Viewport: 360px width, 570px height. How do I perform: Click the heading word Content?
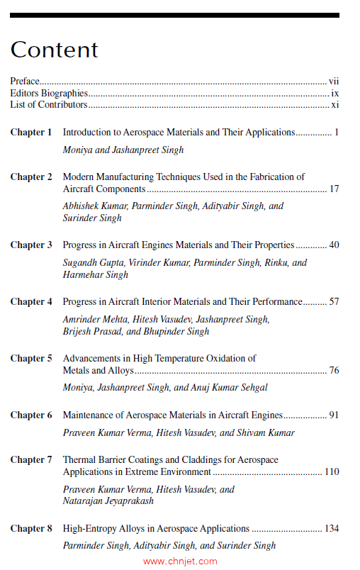pos(54,50)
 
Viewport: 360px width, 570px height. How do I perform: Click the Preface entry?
pos(25,82)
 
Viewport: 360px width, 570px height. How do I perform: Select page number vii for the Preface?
pos(334,82)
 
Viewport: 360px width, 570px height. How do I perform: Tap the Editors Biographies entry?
pos(49,93)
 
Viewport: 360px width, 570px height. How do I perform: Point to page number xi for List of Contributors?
pos(335,104)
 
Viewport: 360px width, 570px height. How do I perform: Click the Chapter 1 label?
pos(31,132)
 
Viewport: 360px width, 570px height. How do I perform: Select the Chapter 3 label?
pos(31,245)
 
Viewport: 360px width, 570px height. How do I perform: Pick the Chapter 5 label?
pos(31,358)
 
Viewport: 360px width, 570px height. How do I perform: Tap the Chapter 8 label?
pos(31,528)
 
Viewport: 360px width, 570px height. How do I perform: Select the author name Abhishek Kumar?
pos(93,206)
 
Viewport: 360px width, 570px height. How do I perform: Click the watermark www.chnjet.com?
pos(180,561)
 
